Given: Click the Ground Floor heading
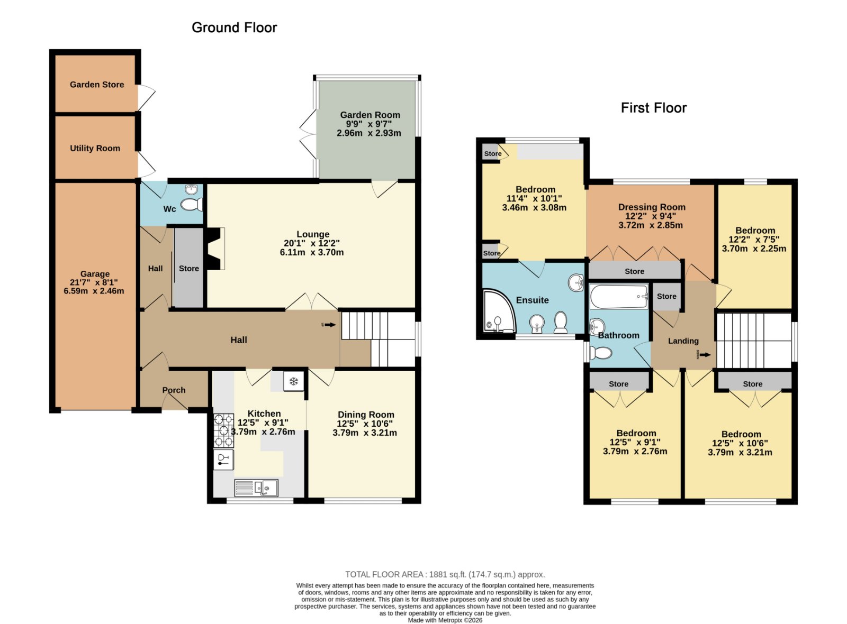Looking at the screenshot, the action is [234, 27].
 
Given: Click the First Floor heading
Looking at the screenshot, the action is [653, 108].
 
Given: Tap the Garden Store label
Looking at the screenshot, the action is [97, 85].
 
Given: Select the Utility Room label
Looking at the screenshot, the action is [95, 149].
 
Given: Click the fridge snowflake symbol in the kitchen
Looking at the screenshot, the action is [293, 381].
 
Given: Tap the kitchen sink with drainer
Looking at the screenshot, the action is [256, 487].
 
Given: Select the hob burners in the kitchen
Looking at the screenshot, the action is [223, 430].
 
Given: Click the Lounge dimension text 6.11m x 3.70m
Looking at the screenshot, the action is [312, 252].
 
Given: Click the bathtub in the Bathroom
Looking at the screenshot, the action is [619, 297].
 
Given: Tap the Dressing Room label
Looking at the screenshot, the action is [652, 207].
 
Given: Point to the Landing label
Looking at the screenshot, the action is [683, 341].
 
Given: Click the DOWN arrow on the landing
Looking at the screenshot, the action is [705, 355].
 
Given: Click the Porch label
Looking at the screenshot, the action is [174, 390].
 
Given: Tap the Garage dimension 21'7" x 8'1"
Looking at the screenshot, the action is [94, 282].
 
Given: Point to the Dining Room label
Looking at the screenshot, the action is [366, 415].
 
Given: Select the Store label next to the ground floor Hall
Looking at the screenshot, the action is [188, 269].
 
